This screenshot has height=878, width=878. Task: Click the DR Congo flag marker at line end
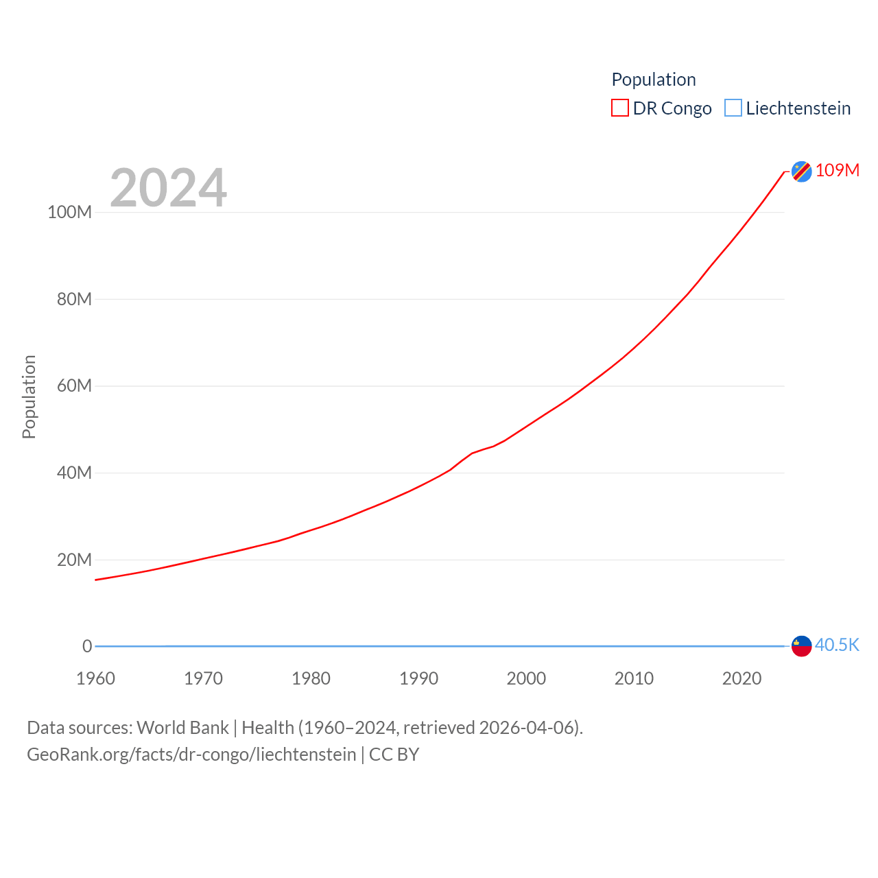coord(801,171)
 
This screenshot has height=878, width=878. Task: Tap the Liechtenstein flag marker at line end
coord(801,646)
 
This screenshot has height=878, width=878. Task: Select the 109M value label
coord(838,170)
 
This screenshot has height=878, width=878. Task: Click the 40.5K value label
coord(837,645)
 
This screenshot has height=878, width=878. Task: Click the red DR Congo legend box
coord(620,108)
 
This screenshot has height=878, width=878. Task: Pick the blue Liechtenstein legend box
coord(733,108)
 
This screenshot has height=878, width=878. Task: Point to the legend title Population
coord(654,80)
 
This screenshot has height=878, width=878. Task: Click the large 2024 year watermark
coord(168,188)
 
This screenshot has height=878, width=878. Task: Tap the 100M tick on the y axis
coord(69,212)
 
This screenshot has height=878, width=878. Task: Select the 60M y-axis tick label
coord(74,385)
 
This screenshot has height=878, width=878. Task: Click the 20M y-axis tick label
coord(74,560)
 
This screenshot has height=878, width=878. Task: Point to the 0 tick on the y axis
coord(87,646)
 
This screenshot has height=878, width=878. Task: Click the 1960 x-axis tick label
coord(95,678)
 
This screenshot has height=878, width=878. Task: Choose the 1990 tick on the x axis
coord(418,678)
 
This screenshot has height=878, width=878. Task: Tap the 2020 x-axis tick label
coord(741,678)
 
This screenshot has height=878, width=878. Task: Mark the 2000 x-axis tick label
coord(526,678)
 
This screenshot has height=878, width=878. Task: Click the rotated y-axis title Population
coord(29,396)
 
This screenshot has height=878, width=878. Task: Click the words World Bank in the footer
coord(182,727)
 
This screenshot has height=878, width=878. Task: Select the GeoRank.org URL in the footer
coord(191,755)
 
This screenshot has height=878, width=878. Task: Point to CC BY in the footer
coord(394,755)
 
